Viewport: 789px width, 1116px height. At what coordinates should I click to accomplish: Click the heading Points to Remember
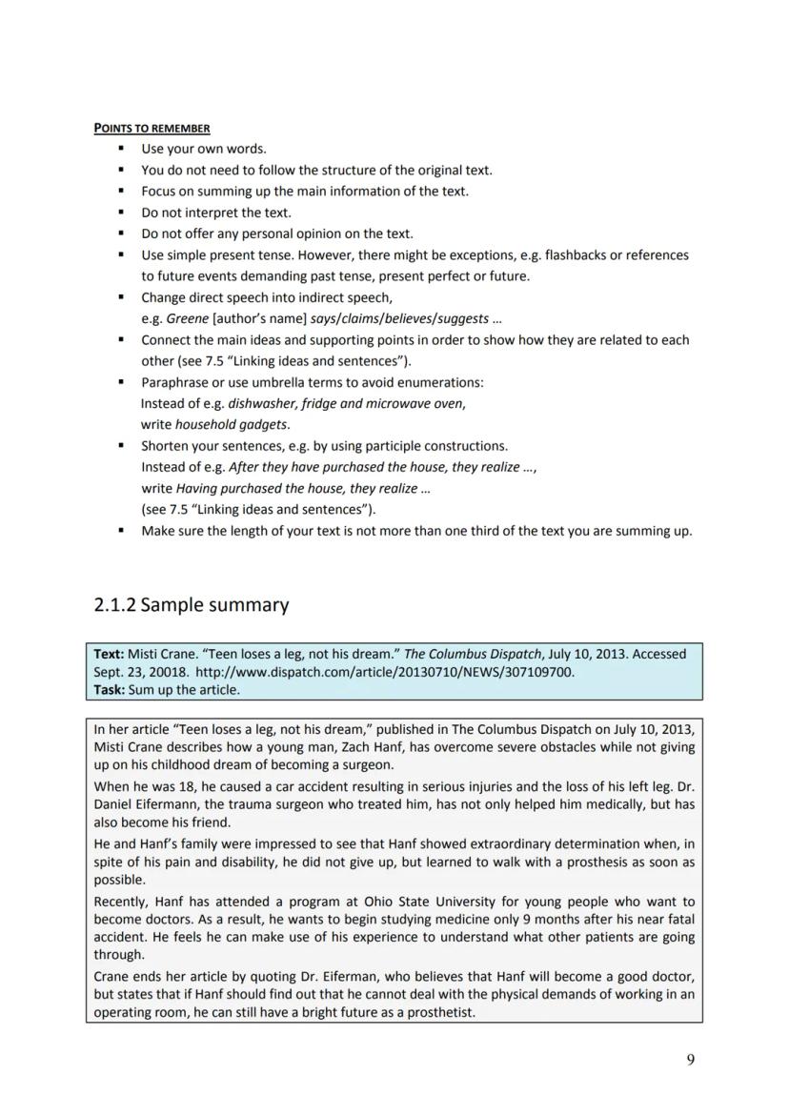[152, 128]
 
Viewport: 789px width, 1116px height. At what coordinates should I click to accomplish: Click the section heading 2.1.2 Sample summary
[191, 605]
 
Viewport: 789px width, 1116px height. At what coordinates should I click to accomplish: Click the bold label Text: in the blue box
[109, 654]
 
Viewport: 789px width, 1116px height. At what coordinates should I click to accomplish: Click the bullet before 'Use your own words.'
[121, 149]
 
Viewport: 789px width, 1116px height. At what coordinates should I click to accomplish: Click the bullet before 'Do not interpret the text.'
[121, 213]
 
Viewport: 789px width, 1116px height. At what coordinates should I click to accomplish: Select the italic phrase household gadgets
[233, 424]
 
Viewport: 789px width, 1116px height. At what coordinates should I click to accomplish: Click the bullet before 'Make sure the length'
[121, 531]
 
